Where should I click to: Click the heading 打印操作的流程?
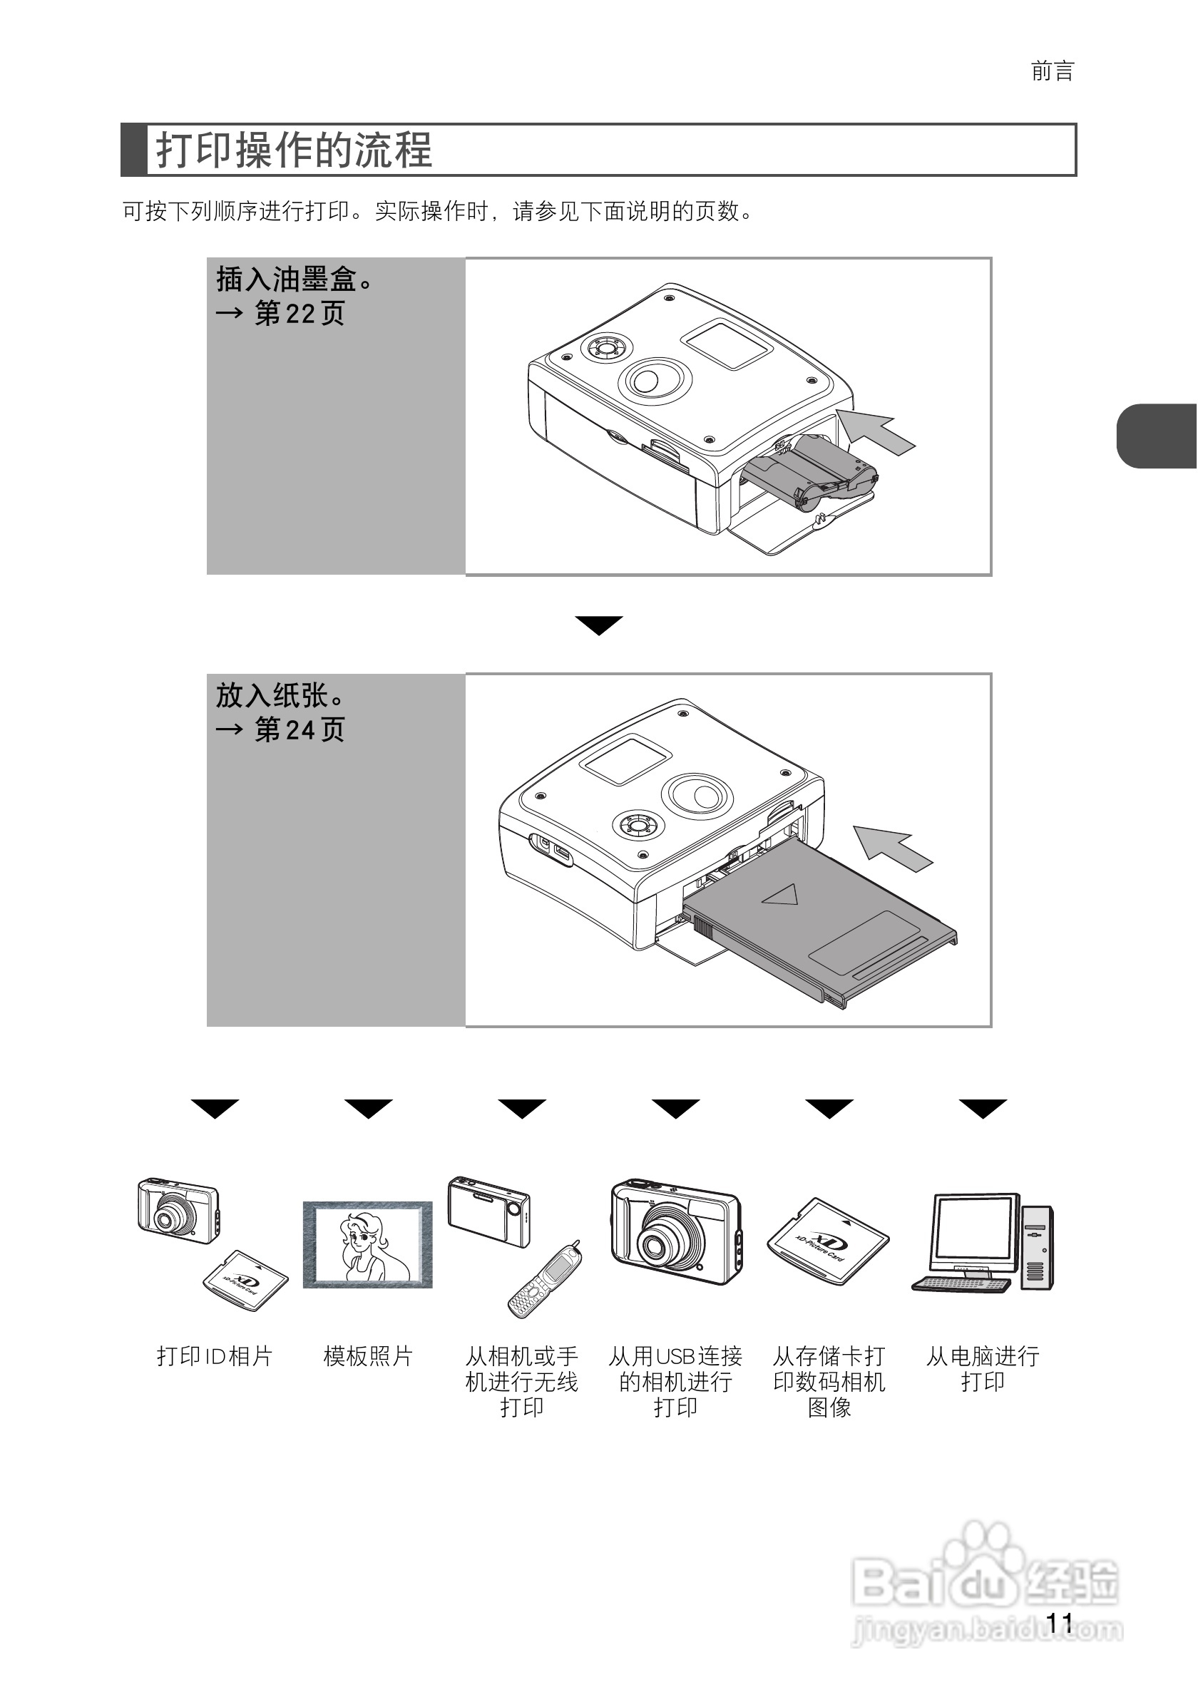point(293,150)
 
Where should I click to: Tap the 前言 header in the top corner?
point(1052,72)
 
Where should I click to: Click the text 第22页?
point(299,314)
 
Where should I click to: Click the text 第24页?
point(299,730)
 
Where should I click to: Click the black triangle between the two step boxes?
point(598,625)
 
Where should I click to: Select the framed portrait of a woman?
point(367,1245)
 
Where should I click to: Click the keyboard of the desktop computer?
point(959,1284)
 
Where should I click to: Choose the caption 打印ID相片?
point(215,1356)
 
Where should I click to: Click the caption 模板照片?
point(367,1356)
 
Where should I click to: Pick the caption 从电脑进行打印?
point(982,1368)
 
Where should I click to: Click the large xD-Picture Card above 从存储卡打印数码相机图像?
point(828,1241)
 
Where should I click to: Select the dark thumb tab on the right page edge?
point(1156,436)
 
